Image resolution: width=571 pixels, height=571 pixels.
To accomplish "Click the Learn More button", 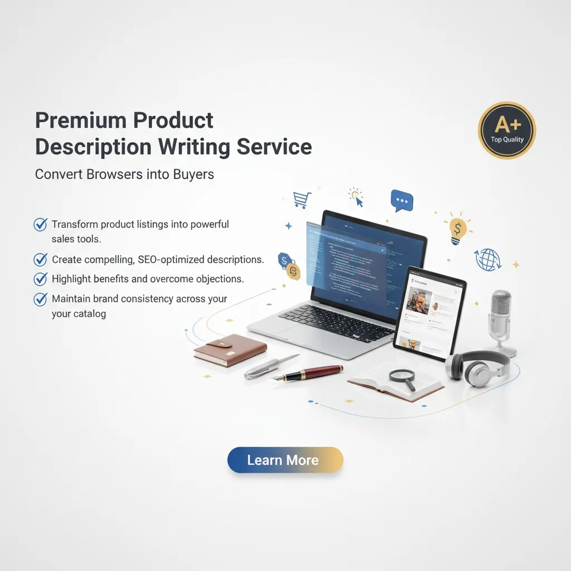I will point(285,460).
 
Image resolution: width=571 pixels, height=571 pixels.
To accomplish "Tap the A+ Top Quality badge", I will point(507,130).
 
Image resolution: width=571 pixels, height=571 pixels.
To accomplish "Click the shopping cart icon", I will point(302,200).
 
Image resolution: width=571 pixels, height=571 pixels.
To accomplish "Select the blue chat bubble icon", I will point(401,200).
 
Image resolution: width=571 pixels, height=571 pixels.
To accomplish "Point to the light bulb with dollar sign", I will point(458,229).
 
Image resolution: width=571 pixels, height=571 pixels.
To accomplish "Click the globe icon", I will point(487,260).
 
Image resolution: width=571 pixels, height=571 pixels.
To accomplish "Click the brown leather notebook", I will point(230,350).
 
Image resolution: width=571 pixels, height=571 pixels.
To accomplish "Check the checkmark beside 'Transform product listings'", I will point(41,224).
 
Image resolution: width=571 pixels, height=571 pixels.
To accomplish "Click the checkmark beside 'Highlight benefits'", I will point(41,279).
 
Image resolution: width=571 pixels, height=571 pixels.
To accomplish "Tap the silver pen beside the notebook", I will point(271,367).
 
